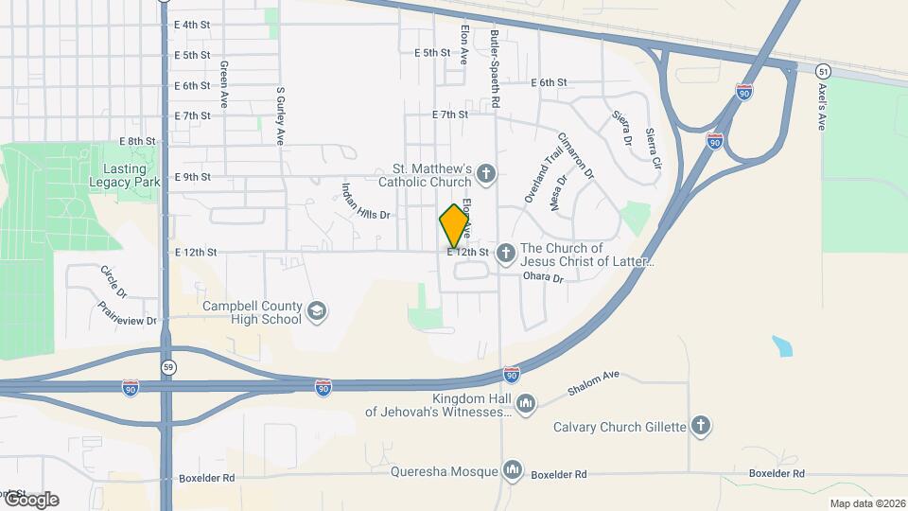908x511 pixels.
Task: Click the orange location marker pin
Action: (454, 226)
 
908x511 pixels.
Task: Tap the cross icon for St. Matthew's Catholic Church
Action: (485, 173)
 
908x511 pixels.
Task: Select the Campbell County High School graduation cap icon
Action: (317, 312)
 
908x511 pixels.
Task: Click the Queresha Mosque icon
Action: (513, 469)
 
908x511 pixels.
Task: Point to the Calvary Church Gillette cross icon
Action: (701, 425)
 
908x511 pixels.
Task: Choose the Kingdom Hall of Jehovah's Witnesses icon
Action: (526, 404)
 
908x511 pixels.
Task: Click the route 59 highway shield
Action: (167, 366)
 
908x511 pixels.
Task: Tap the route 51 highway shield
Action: (824, 71)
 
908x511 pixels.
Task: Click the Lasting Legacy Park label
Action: (123, 175)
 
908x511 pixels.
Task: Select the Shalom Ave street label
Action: (593, 382)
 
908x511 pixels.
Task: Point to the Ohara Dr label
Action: (543, 277)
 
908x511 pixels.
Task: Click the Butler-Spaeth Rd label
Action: (495, 66)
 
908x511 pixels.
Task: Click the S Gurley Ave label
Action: (280, 115)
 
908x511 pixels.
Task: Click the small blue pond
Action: (781, 345)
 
